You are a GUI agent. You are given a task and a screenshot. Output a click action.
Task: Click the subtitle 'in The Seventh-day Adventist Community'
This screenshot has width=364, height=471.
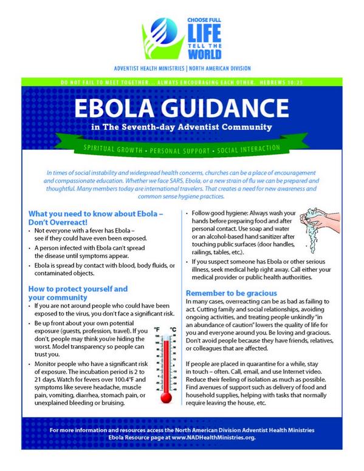pos(181,128)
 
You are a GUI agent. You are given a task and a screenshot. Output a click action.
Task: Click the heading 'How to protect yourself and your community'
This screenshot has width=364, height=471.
pos(79,292)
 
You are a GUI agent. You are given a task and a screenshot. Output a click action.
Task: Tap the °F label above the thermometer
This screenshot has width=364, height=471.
pos(156,330)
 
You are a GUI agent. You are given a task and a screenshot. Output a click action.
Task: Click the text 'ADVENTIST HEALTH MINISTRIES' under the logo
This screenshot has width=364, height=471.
pos(132,69)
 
